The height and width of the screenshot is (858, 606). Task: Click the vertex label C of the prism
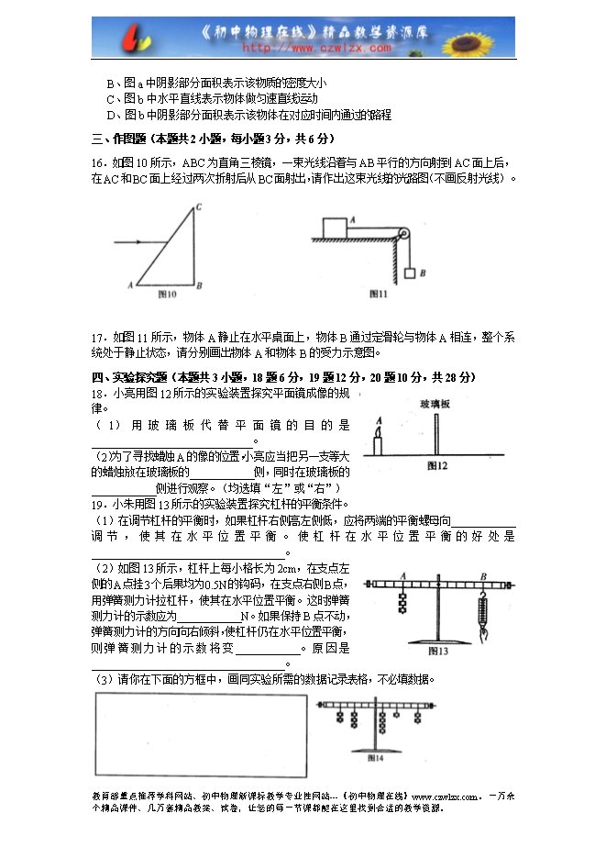(x=199, y=207)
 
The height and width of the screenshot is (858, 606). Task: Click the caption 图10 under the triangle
(x=167, y=295)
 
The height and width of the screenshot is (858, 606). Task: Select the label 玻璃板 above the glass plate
(x=435, y=404)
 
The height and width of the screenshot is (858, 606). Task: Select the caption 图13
(x=437, y=652)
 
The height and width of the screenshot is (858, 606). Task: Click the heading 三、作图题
(x=119, y=139)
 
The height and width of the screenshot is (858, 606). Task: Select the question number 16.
(x=98, y=162)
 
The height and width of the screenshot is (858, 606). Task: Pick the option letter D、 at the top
(x=114, y=115)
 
